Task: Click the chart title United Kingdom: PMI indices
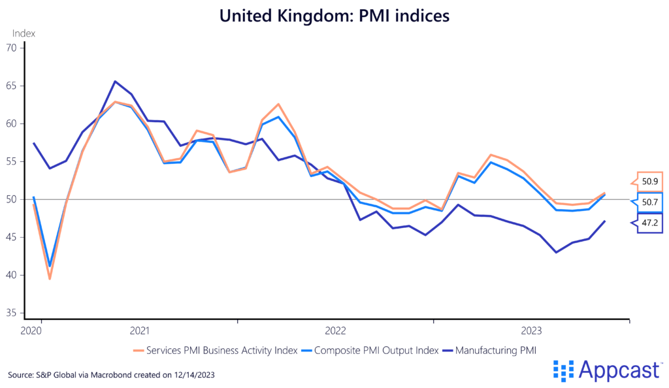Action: point(334,16)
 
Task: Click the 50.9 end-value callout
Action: point(649,181)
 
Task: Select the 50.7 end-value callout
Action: point(649,202)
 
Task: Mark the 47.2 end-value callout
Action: point(649,223)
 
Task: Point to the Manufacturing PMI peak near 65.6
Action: point(115,81)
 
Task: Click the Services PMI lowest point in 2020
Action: point(50,279)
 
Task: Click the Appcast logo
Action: point(606,370)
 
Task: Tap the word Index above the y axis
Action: point(24,33)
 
